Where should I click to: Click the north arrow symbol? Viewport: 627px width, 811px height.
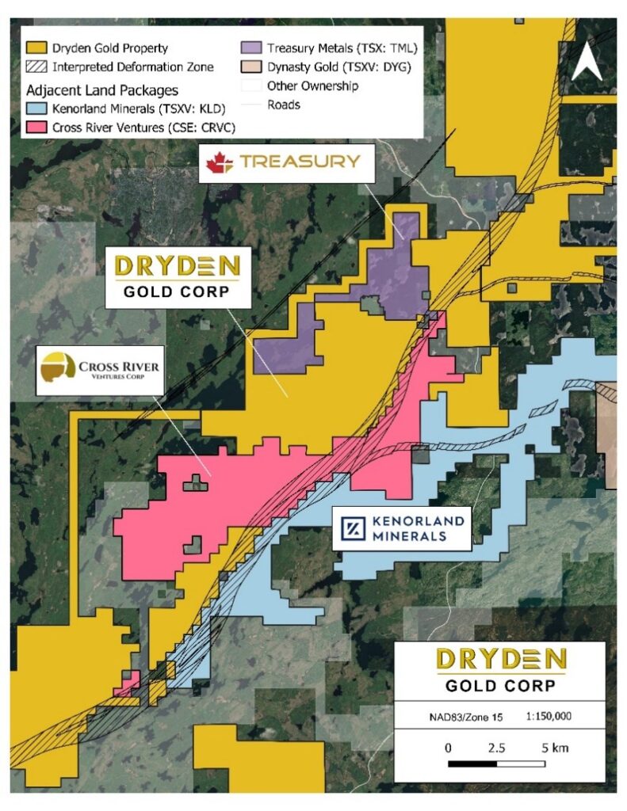coord(586,62)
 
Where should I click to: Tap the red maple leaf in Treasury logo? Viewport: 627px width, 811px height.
coord(218,163)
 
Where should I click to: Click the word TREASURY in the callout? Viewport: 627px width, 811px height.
coord(300,162)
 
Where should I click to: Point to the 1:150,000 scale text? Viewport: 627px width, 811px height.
coord(549,716)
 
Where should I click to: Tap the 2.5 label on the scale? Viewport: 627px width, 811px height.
coord(496,747)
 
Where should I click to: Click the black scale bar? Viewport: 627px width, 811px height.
coord(497,763)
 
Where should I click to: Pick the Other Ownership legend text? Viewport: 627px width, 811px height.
coord(312,86)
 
